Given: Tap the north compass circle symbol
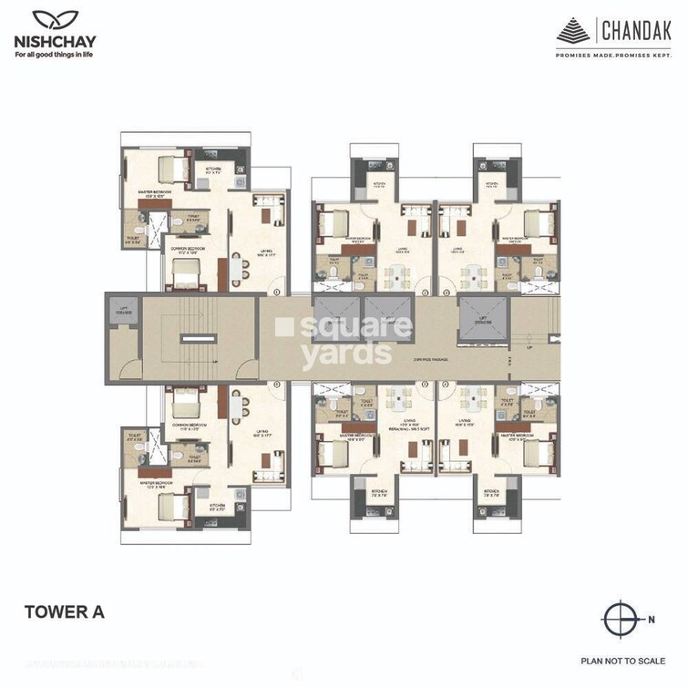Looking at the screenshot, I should (622, 621).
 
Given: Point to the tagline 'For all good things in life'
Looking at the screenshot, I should (53, 55).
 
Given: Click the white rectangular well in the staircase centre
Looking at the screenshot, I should (192, 338).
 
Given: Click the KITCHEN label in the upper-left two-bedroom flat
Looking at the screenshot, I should (213, 169).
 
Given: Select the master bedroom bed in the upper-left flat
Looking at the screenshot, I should (170, 169).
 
